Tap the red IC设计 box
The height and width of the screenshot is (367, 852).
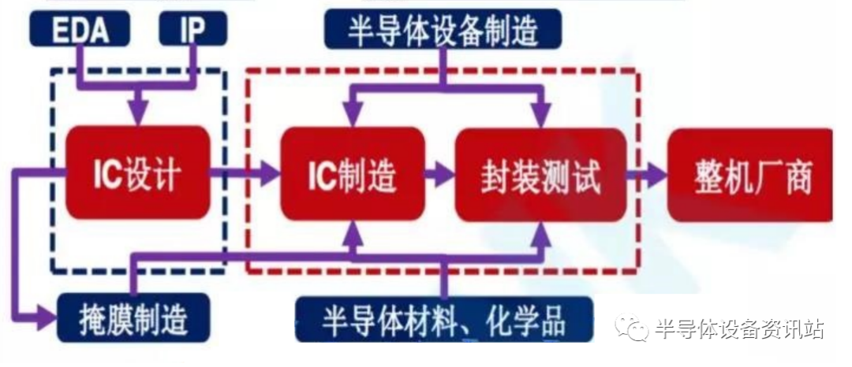pos(137,173)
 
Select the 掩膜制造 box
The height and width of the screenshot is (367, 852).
pos(133,319)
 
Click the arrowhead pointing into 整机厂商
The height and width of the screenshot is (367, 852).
pos(656,174)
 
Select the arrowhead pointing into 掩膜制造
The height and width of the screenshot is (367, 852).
pos(47,320)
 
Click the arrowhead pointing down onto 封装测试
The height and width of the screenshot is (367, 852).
pos(542,117)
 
